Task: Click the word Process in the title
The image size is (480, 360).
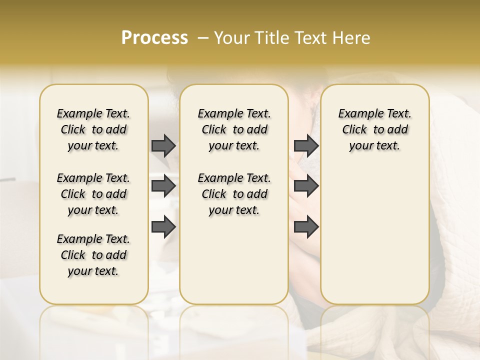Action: [x=154, y=38]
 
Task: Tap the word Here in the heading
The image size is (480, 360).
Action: [x=353, y=38]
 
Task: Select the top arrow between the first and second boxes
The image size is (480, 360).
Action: [x=163, y=145]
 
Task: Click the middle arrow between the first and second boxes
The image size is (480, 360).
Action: [x=163, y=186]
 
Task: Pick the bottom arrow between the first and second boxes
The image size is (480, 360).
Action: [x=163, y=226]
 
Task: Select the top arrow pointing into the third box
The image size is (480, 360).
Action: [x=306, y=145]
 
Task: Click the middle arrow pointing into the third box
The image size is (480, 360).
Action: [x=306, y=186]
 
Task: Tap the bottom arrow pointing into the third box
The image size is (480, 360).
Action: [x=306, y=226]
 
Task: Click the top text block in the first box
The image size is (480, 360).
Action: [x=93, y=129]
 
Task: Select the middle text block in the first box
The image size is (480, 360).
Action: [x=93, y=194]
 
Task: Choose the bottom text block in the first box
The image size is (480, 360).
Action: [x=93, y=255]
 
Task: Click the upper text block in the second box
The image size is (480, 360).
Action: [x=234, y=129]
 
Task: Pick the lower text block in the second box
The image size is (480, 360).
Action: [x=234, y=194]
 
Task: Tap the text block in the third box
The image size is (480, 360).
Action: [x=374, y=129]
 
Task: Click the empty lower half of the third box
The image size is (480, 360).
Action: [x=374, y=235]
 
